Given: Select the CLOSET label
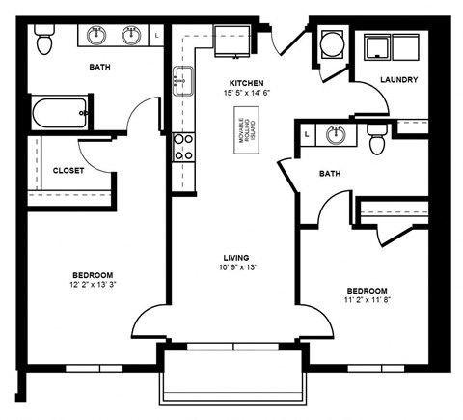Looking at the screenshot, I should coord(68,170).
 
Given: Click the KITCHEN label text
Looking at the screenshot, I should coord(247,83).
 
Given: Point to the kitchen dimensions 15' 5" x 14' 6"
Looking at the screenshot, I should coord(247,94).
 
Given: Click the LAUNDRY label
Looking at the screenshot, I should coord(398,80).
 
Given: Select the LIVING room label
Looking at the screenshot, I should coord(237,257).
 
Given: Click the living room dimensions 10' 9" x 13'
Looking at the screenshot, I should coord(237,267).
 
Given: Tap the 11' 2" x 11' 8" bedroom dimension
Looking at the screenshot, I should coord(368,300).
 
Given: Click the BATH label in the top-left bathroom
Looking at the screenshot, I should coord(99,68).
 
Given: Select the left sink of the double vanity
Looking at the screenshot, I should coord(97,36).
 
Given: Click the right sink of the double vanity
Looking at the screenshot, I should coord(132,36).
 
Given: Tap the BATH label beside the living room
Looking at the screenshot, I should coord(334,174).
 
